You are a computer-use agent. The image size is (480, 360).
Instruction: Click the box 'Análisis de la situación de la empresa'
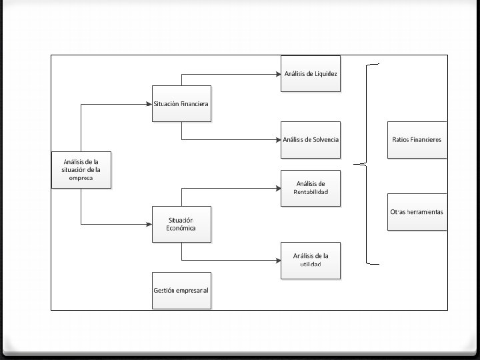coord(81,169)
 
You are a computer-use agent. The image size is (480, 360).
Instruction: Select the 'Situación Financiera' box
coord(181,103)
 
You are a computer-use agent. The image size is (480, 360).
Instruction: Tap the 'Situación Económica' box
coord(181,224)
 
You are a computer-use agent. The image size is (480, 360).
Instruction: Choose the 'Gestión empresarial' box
coord(181,291)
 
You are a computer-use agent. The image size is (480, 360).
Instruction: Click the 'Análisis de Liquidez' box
coord(311,73)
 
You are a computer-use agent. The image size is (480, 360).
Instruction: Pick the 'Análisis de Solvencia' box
coord(311,140)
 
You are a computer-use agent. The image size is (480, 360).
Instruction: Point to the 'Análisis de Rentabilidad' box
coord(311,188)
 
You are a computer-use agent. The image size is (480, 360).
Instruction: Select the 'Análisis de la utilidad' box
coord(311,260)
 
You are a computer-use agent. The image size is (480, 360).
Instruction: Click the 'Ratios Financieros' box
coord(417,140)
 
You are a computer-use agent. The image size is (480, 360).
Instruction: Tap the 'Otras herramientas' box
coord(417,212)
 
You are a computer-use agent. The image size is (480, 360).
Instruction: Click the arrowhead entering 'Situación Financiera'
coord(149,103)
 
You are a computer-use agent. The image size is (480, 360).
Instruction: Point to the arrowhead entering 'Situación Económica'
coord(149,224)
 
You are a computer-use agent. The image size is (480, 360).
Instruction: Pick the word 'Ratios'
coord(401,140)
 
